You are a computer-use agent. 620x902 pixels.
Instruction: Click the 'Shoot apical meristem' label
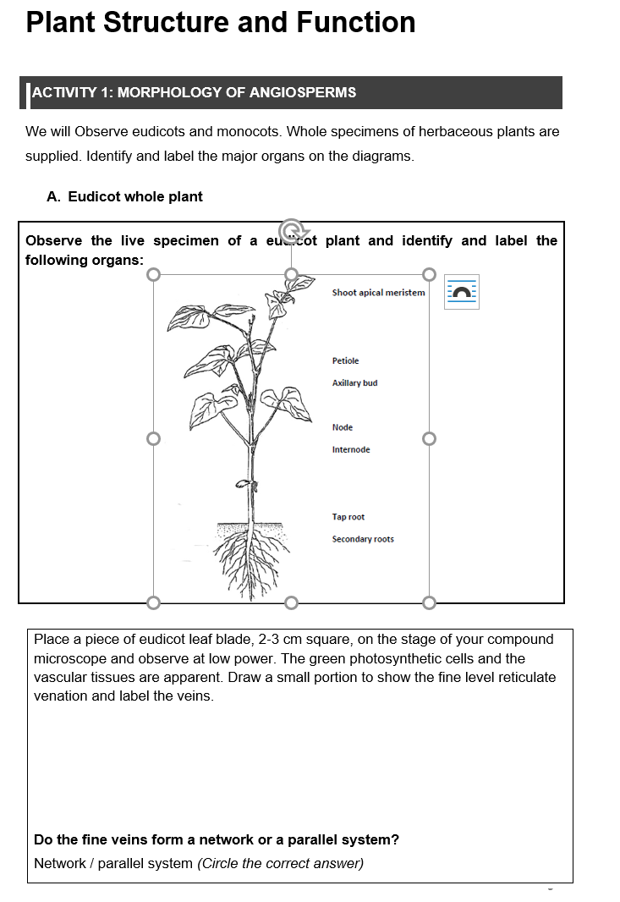point(378,293)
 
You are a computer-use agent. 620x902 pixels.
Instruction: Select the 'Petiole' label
point(345,361)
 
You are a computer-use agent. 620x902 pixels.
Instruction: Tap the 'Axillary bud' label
point(354,383)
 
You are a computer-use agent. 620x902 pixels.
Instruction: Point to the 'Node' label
point(343,427)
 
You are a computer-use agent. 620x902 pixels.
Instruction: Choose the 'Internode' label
point(350,449)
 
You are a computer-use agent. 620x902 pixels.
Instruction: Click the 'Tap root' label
point(348,517)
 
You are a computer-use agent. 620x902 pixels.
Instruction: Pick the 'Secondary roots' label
point(362,539)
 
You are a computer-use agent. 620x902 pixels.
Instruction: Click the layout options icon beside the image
point(462,292)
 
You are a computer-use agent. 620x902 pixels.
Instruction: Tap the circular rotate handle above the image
point(291,230)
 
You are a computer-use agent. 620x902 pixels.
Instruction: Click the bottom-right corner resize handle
point(429,602)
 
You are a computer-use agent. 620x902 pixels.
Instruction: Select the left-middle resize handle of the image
point(153,438)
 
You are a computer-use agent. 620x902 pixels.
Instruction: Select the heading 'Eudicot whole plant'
point(135,196)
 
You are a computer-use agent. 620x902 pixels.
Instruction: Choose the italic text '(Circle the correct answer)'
point(280,863)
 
